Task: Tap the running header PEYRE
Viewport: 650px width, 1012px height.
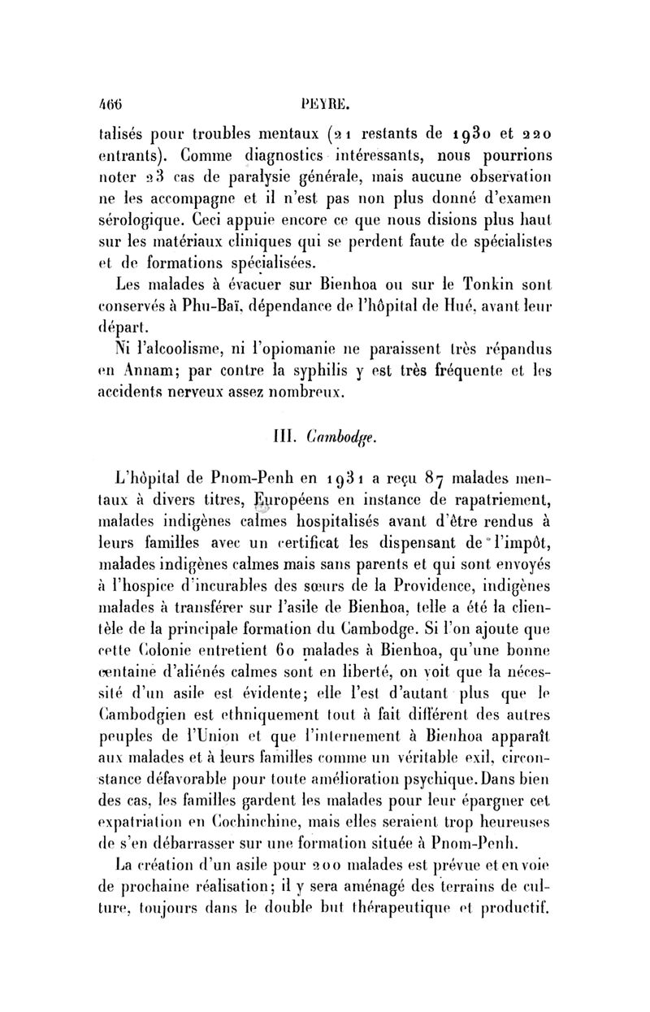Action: [x=323, y=105]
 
